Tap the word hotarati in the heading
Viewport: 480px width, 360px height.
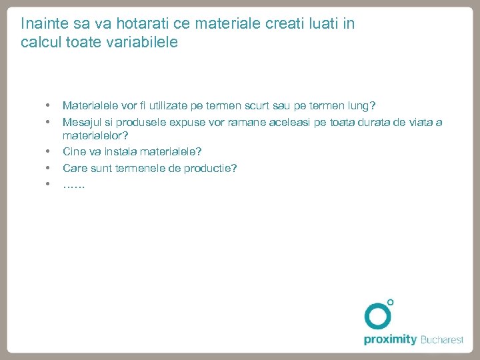141,24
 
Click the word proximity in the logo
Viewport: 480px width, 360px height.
390,340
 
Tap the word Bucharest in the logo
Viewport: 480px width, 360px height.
441,340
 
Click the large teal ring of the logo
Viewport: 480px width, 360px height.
378,316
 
